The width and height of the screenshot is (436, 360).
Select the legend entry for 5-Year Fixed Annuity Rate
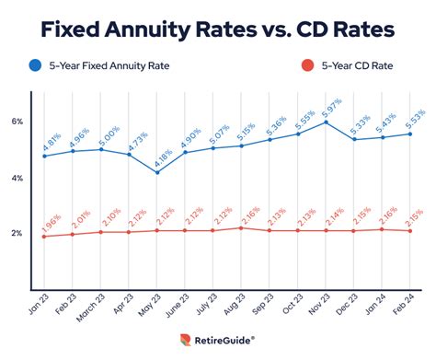pyautogui.click(x=113, y=65)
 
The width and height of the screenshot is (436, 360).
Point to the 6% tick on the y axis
pyautogui.click(x=17, y=122)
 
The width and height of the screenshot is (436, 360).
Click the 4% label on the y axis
pyautogui.click(x=17, y=178)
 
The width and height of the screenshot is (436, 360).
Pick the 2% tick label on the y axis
pyautogui.click(x=17, y=234)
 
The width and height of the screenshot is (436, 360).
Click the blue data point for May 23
pyautogui.click(x=156, y=172)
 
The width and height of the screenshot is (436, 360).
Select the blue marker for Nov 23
pyautogui.click(x=326, y=122)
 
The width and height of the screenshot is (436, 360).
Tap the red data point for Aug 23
pyautogui.click(x=241, y=227)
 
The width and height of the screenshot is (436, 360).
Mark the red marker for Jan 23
pyautogui.click(x=44, y=237)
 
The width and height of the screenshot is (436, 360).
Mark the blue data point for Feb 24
pyautogui.click(x=410, y=134)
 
